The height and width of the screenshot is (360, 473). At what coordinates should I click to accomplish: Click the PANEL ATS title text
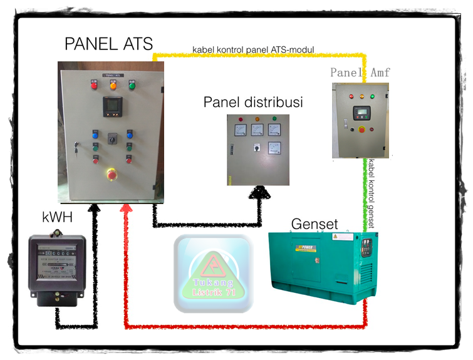(x=108, y=44)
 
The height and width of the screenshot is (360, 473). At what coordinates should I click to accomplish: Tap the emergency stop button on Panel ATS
(x=112, y=172)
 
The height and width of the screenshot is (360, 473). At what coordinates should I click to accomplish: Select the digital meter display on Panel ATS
(x=113, y=106)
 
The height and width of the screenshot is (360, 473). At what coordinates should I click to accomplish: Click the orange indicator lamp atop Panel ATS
(x=113, y=85)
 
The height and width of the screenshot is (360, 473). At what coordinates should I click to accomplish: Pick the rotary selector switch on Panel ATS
(x=113, y=137)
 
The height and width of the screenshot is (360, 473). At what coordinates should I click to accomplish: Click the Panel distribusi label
(x=252, y=101)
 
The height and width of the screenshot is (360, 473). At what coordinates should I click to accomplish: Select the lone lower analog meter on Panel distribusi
(x=274, y=148)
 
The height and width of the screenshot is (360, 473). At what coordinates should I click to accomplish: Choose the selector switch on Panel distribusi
(x=256, y=149)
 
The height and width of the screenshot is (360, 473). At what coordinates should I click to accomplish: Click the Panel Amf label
(x=360, y=72)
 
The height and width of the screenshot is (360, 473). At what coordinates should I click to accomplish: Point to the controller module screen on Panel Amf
(x=362, y=113)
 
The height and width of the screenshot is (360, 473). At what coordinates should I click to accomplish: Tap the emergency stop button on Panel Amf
(x=362, y=130)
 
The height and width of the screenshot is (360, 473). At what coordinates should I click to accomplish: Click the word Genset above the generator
(x=314, y=224)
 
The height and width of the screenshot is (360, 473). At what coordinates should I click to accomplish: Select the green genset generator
(x=320, y=266)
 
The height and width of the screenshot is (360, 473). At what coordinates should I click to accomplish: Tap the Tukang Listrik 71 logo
(x=214, y=273)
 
